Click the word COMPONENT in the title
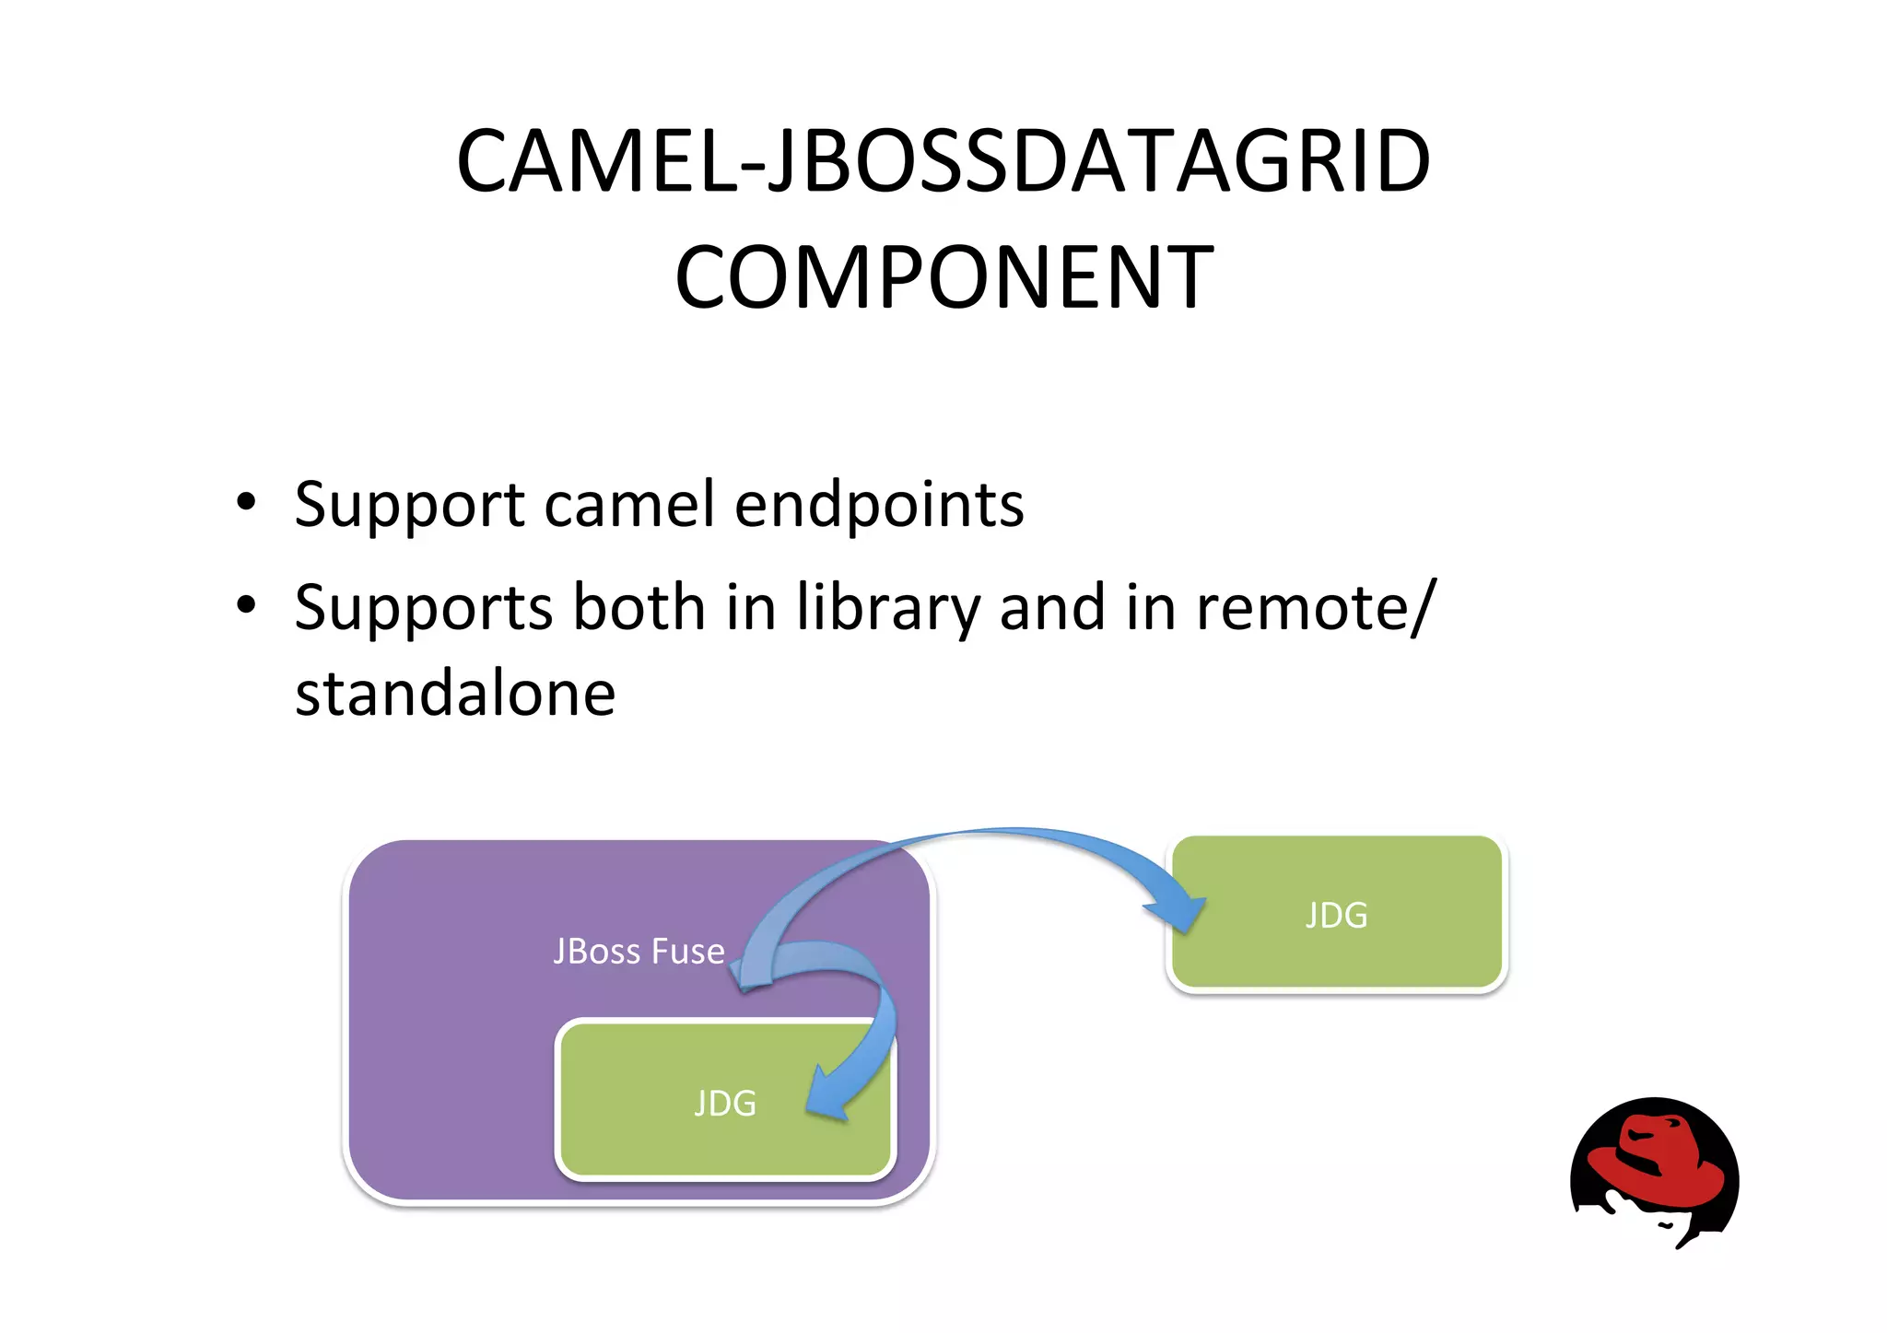943,276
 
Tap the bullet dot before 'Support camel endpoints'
245,502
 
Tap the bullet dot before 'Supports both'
245,605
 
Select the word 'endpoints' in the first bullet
879,505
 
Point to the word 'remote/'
1316,608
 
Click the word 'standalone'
455,693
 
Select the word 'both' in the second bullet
639,608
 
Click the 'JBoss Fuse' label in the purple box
639,951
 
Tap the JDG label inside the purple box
725,1103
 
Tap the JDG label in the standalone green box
1336,915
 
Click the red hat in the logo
1658,1161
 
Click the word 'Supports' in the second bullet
424,608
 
